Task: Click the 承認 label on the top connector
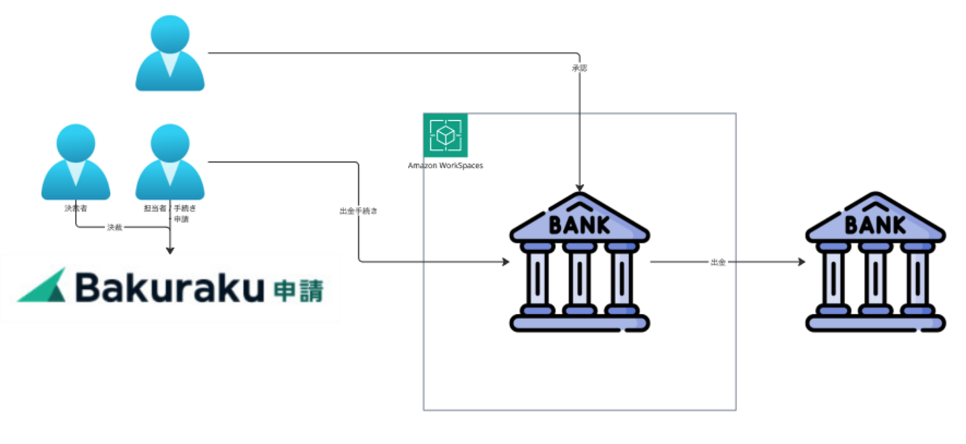(580, 68)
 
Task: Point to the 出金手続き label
(359, 211)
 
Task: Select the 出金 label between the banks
(718, 262)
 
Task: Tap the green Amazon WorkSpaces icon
(445, 135)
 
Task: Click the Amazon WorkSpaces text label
(445, 166)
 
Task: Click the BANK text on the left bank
(579, 223)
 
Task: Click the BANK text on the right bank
(875, 223)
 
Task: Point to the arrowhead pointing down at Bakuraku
(169, 251)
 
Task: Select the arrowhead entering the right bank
(800, 262)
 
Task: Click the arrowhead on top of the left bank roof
(580, 188)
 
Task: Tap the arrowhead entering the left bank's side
(505, 261)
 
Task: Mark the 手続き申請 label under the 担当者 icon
(184, 214)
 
